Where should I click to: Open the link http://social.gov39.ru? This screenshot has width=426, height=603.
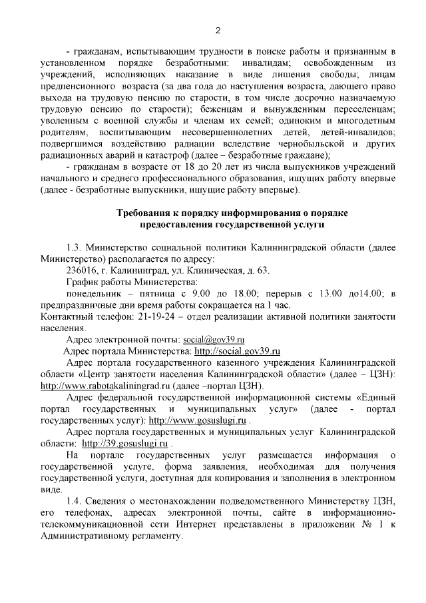236,350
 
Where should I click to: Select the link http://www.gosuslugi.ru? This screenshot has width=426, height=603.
198,421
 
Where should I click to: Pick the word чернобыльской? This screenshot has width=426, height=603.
306,143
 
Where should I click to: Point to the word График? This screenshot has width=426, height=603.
84,281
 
